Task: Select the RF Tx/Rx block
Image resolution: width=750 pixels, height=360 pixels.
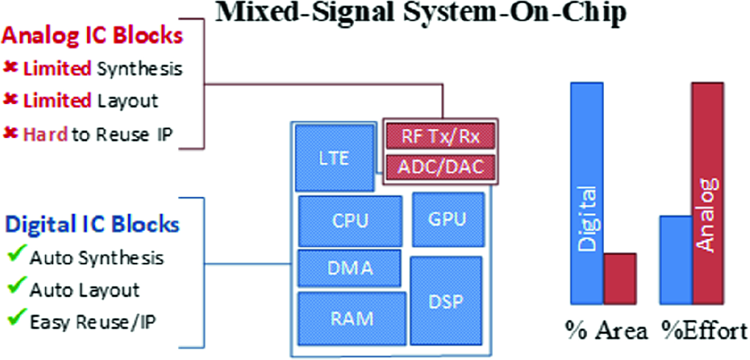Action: point(440,136)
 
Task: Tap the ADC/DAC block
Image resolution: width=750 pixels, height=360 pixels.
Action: point(440,166)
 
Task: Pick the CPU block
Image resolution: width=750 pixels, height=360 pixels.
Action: point(350,221)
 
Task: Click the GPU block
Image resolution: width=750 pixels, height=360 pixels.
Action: point(447,219)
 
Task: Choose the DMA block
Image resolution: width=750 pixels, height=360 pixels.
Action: point(349,268)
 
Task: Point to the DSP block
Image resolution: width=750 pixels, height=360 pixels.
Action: point(446,301)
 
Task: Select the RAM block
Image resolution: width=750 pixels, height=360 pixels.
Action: point(351,318)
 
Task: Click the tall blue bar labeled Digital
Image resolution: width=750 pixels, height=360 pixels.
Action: point(587,193)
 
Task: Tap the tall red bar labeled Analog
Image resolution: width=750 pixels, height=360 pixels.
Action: point(707,193)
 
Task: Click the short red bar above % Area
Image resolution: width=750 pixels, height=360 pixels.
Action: point(620,279)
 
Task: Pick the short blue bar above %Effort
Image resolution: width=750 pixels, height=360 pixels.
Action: point(676,259)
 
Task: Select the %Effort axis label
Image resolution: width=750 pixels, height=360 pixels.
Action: point(705,332)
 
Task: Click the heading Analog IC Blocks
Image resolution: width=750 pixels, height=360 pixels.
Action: point(92,36)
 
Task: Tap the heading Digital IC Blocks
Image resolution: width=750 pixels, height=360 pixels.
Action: point(92,225)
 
